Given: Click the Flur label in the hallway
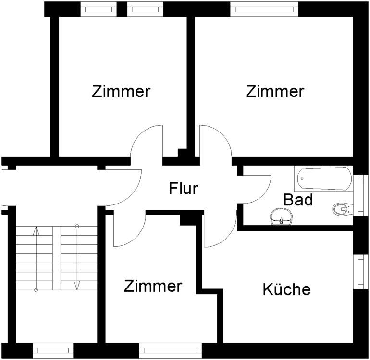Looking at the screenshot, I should [x=183, y=189].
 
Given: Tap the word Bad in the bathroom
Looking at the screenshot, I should [x=298, y=199].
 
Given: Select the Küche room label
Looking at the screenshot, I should [x=287, y=289].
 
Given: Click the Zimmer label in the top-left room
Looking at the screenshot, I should [x=121, y=91].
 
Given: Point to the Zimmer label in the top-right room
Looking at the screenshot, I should [x=275, y=91].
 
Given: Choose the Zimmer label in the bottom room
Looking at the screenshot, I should [x=153, y=286].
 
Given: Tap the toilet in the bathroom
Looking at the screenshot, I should [x=341, y=208].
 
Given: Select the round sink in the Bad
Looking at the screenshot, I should [x=280, y=217].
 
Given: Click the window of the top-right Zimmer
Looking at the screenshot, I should [x=265, y=8].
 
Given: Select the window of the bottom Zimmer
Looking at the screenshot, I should [x=170, y=350].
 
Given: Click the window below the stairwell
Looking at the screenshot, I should [x=52, y=350].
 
